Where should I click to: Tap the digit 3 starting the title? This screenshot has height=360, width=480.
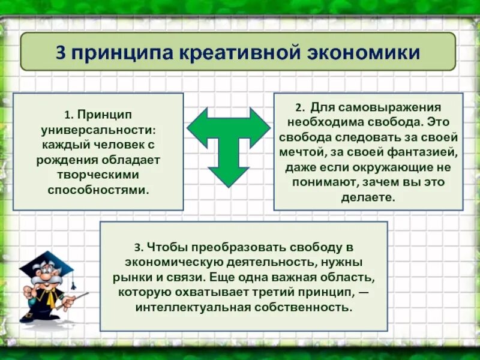click(61, 52)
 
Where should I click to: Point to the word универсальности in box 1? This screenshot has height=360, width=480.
click(99, 129)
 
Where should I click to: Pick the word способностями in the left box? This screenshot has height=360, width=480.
click(98, 190)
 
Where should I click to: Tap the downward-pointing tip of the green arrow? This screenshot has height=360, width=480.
click(229, 184)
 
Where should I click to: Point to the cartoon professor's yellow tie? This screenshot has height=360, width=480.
click(52, 299)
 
